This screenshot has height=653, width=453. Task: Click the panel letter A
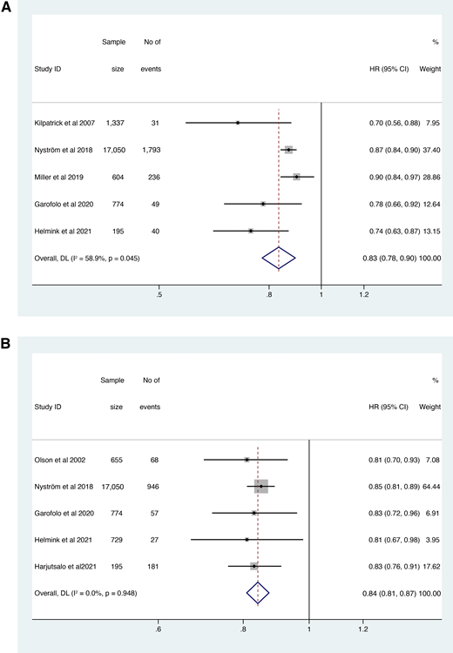click(x=6, y=7)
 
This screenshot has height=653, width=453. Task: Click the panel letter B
click(x=5, y=344)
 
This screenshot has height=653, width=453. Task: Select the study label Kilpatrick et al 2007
click(x=64, y=123)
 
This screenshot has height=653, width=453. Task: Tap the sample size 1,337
click(x=115, y=123)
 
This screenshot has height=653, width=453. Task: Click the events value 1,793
click(x=152, y=150)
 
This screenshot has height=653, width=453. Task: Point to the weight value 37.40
click(x=431, y=150)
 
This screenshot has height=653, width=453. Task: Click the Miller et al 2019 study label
click(x=58, y=177)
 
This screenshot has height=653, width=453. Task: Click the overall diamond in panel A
click(x=279, y=259)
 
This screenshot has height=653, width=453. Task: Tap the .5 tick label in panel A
click(x=159, y=295)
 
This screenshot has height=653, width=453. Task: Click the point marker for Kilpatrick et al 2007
click(x=238, y=123)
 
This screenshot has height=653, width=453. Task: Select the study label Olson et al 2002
click(x=60, y=460)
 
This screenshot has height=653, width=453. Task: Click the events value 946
click(x=153, y=487)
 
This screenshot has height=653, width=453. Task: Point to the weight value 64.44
click(x=431, y=487)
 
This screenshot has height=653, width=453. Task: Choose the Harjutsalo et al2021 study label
click(x=65, y=567)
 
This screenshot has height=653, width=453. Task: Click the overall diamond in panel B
click(x=258, y=593)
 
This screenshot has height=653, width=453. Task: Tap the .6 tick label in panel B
click(x=158, y=629)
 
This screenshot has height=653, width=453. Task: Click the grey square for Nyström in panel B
click(x=261, y=487)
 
